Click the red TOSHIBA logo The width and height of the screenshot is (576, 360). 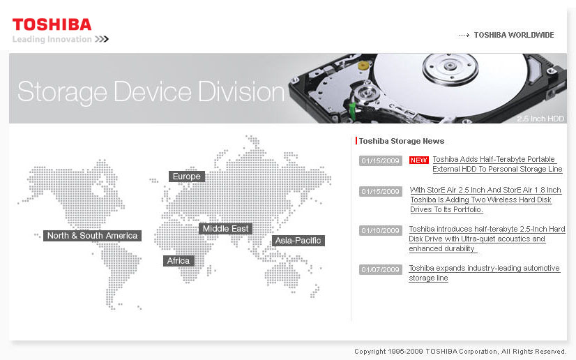tap(52, 24)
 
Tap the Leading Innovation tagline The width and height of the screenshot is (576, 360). tap(52, 39)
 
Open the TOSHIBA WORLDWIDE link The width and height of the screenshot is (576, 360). tap(513, 35)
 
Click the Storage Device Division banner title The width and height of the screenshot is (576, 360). tap(151, 91)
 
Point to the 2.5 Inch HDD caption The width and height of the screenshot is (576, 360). tap(540, 119)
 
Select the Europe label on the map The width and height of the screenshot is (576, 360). tap(187, 177)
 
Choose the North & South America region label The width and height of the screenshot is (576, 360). tap(92, 236)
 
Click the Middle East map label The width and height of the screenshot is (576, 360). tap(225, 229)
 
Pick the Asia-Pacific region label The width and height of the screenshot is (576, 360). tap(298, 241)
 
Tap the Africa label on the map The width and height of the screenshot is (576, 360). tap(179, 261)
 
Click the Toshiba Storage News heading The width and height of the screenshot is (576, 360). tap(402, 141)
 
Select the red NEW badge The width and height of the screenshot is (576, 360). tap(419, 160)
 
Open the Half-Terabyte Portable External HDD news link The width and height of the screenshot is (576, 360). tap(497, 164)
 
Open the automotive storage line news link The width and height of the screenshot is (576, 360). tap(484, 273)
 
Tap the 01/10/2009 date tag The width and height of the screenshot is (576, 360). tap(380, 230)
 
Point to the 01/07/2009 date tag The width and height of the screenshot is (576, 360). tap(380, 269)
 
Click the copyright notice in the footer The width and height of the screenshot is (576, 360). tap(460, 352)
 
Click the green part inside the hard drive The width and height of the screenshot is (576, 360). tap(352, 112)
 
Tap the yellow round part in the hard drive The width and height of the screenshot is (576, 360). tap(363, 66)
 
